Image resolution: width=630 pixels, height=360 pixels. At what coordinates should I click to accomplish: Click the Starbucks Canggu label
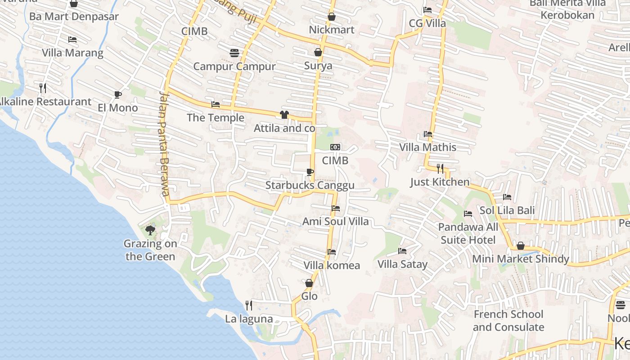click(x=310, y=185)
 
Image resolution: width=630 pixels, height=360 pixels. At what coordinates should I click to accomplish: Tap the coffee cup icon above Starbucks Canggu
click(x=310, y=172)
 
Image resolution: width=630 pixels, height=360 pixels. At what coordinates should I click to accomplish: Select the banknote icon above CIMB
click(x=335, y=147)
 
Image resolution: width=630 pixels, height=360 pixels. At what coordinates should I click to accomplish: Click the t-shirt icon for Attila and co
click(x=284, y=115)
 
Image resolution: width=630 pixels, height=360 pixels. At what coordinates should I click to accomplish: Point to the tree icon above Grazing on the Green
click(x=150, y=230)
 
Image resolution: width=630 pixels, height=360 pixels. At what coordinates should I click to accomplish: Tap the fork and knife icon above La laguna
click(x=248, y=306)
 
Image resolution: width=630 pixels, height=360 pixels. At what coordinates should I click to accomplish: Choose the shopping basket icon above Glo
click(x=309, y=283)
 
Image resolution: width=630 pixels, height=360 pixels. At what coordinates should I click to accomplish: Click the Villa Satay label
click(x=402, y=264)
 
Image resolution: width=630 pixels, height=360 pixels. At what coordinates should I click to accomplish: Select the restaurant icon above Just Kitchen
click(x=440, y=169)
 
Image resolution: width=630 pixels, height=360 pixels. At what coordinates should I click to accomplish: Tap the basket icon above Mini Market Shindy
click(x=520, y=246)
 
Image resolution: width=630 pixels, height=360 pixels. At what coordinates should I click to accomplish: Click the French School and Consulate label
click(x=508, y=320)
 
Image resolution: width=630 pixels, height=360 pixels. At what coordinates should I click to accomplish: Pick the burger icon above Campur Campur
click(x=234, y=53)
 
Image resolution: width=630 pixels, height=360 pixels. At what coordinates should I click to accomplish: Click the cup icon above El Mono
click(x=117, y=94)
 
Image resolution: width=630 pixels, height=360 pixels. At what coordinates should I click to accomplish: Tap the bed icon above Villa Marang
click(x=72, y=40)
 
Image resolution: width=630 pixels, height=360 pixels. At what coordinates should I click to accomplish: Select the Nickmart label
click(x=332, y=30)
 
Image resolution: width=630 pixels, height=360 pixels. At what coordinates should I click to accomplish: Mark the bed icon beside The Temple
click(x=216, y=104)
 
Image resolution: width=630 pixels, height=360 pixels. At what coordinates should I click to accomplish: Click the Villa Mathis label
click(x=427, y=147)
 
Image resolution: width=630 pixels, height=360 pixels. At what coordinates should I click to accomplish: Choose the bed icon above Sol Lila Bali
click(x=507, y=197)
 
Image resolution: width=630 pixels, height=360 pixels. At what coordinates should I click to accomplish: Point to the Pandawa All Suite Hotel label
click(x=468, y=233)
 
